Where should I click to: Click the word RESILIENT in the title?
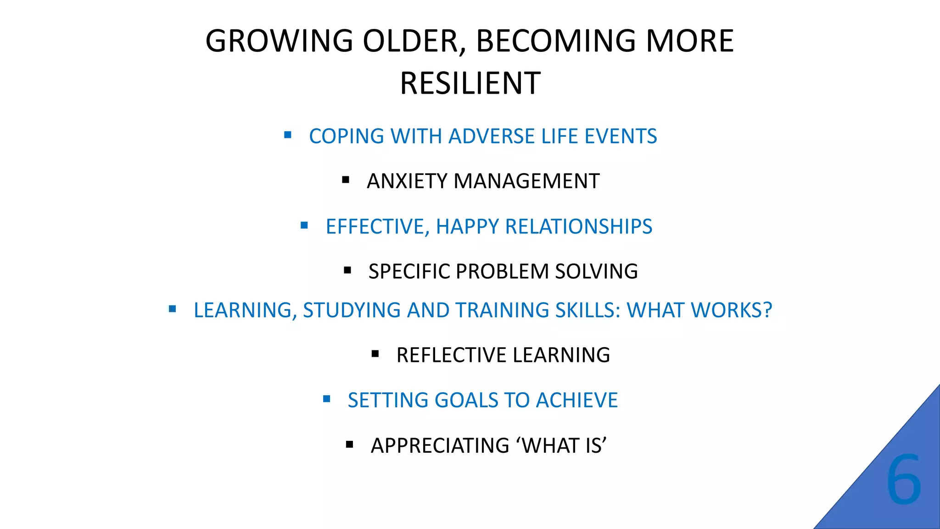470,84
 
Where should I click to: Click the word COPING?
347,136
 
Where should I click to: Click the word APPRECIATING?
440,446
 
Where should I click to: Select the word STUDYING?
352,310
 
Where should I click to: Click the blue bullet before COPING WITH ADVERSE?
288,135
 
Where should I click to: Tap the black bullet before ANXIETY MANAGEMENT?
346,180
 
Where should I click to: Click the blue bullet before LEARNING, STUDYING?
172,309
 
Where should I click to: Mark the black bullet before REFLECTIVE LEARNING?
375,354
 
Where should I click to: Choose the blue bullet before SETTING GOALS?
326,399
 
